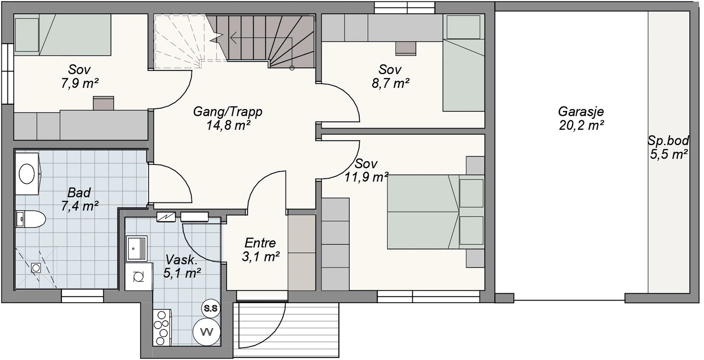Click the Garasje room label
[x=581, y=112]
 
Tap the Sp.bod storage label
[x=668, y=140]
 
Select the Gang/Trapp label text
[x=227, y=112]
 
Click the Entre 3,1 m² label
[x=260, y=250]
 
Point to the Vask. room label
[x=181, y=260]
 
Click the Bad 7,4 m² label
[x=80, y=199]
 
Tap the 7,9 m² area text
[x=80, y=83]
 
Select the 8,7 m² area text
[x=390, y=84]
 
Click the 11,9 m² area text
[x=367, y=177]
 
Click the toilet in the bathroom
[x=30, y=219]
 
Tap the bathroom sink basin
[x=27, y=173]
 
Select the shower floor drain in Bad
[x=36, y=268]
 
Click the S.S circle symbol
[x=211, y=308]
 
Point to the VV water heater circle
[x=207, y=332]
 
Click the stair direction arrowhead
[x=233, y=38]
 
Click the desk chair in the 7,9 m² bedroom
[x=103, y=103]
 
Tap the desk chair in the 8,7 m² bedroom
[x=406, y=48]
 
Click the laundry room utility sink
[x=137, y=249]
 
